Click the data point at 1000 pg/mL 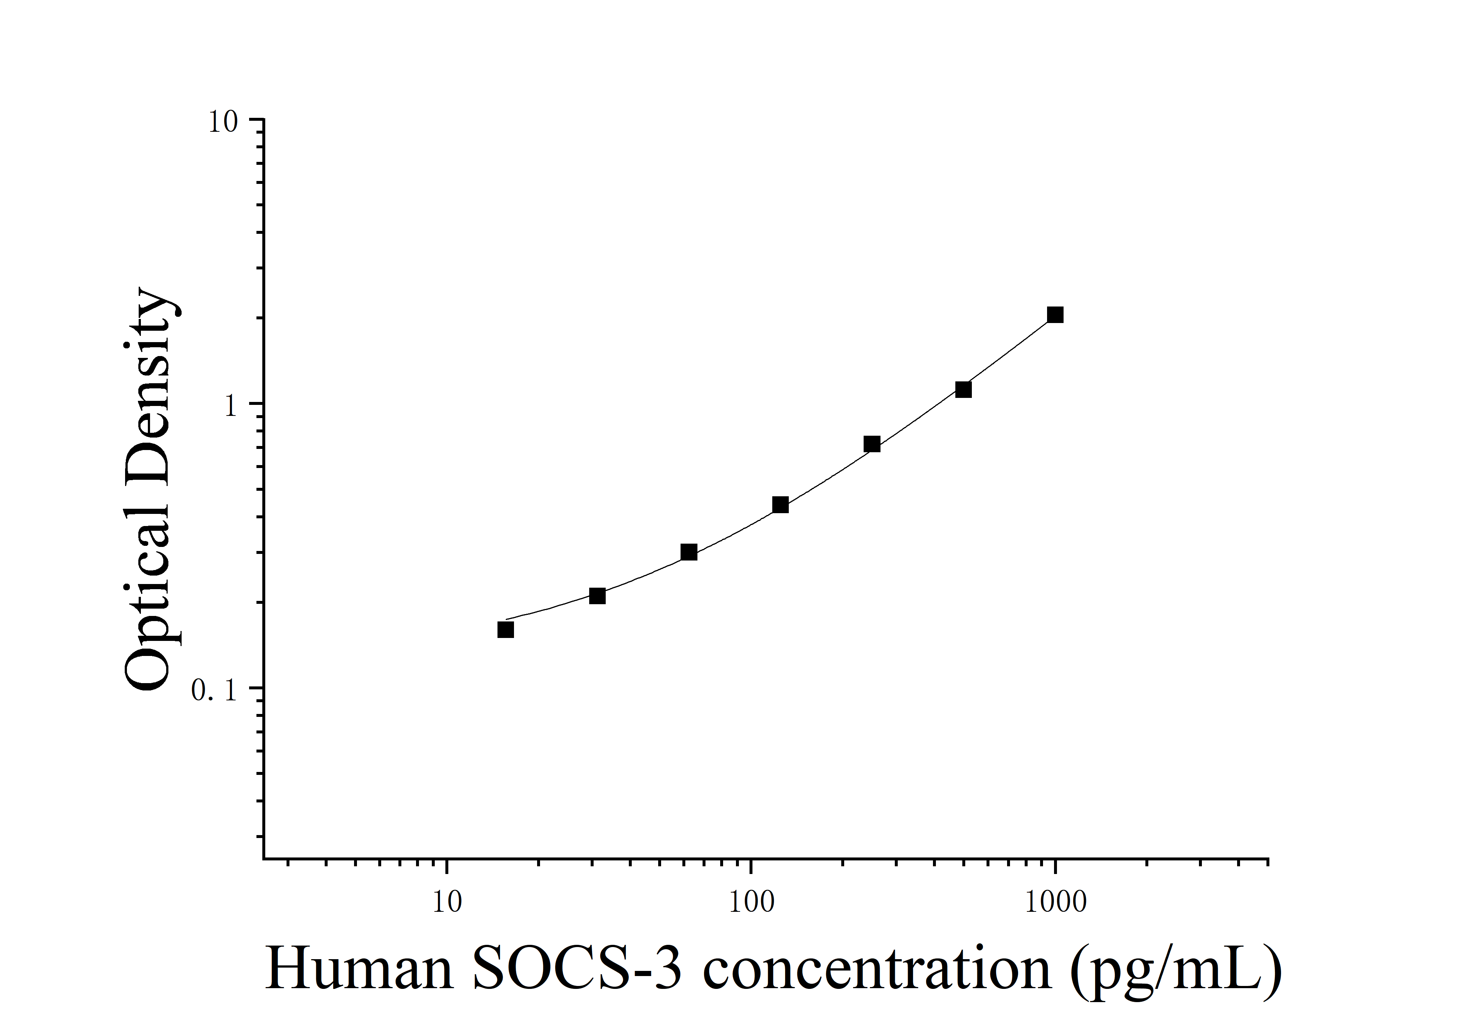1055,315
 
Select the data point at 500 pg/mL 963,389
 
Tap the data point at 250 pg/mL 872,444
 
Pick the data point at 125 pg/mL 780,504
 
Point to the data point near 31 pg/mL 597,596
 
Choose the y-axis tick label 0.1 214,690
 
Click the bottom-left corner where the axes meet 264,858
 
